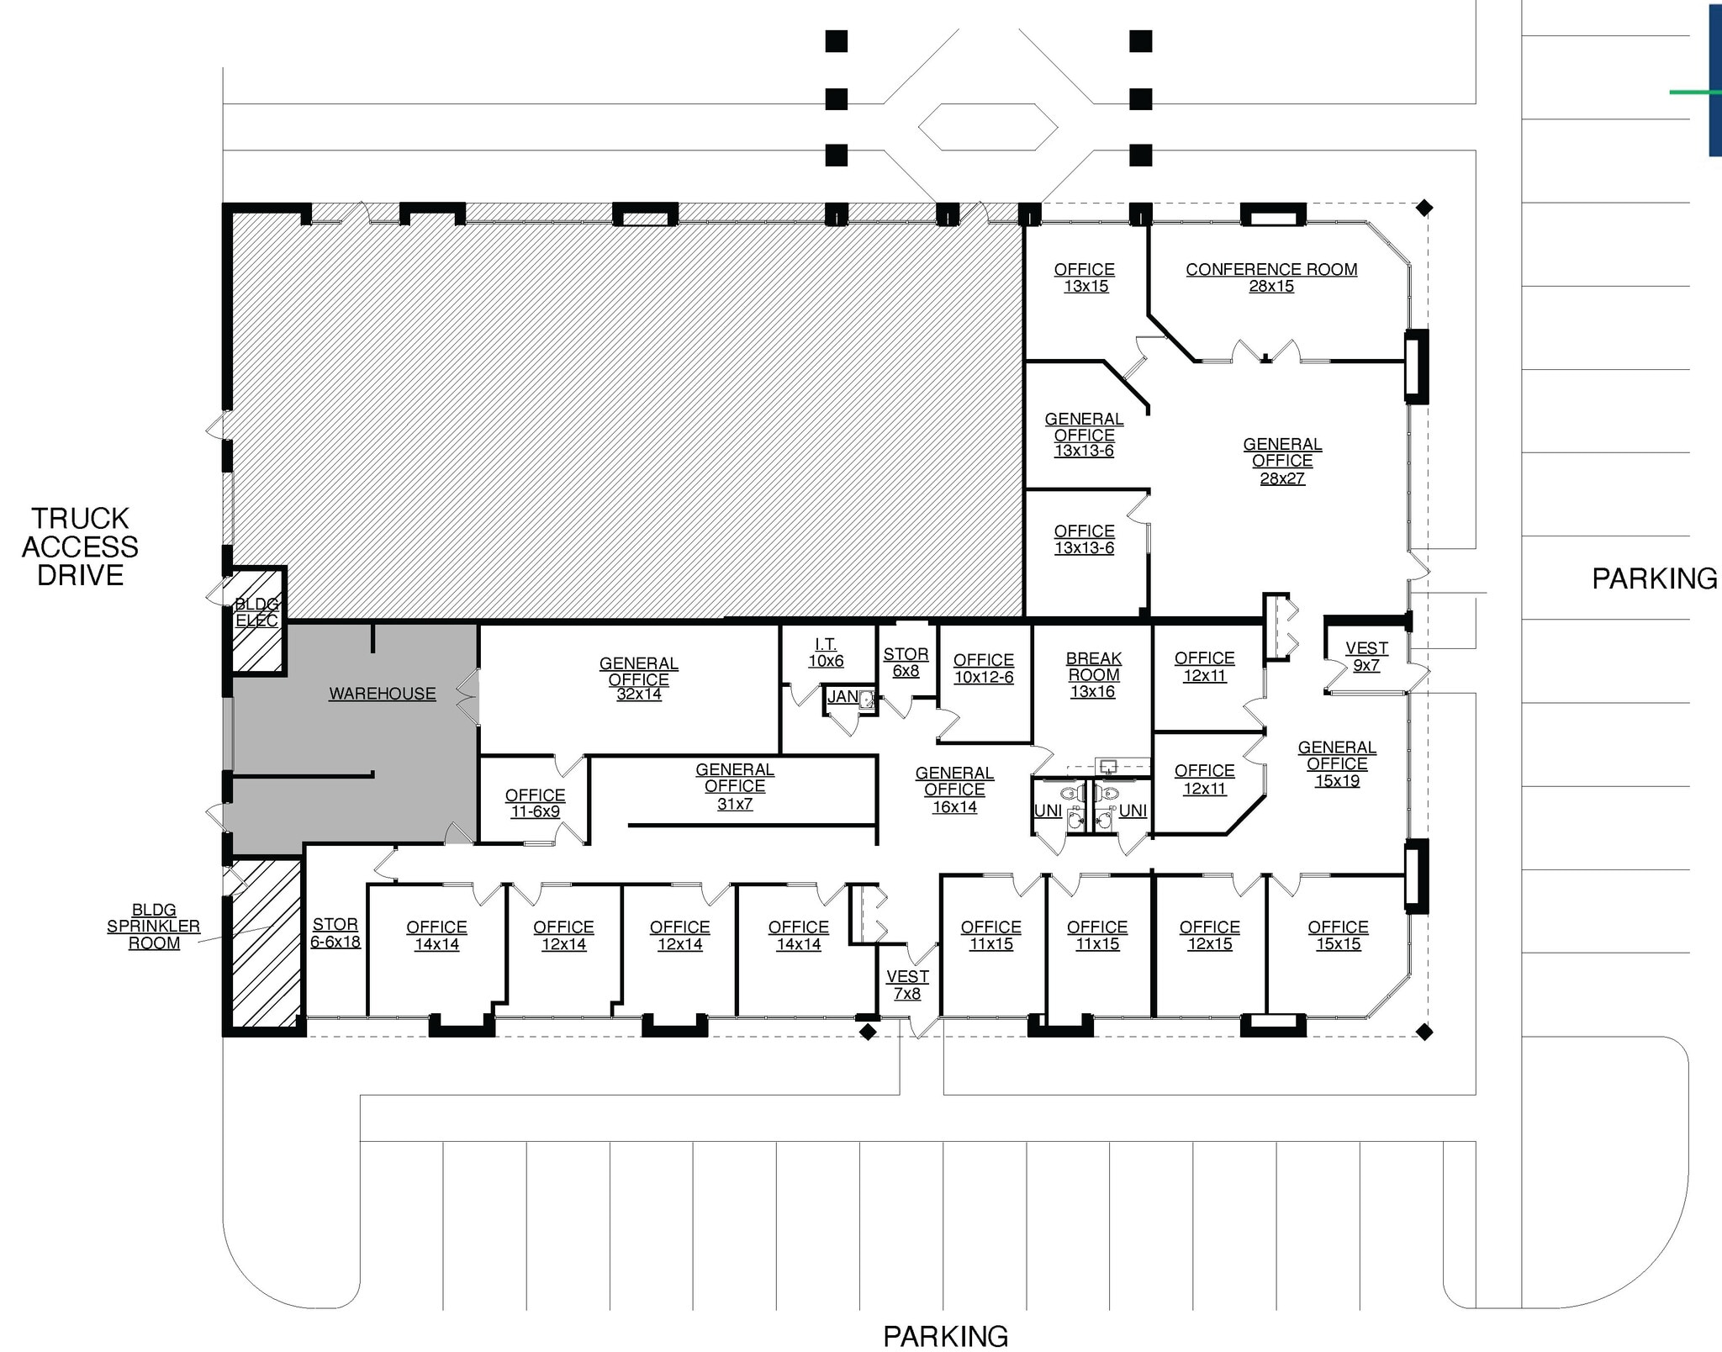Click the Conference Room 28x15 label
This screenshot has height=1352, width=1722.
[x=1270, y=277]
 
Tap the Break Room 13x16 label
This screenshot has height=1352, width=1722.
[x=1093, y=674]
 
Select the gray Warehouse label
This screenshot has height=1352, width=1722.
[x=383, y=694]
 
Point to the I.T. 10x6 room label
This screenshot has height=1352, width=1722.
[x=826, y=652]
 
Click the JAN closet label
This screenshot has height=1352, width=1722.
[x=843, y=696]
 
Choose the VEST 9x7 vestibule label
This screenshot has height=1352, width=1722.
[x=1366, y=657]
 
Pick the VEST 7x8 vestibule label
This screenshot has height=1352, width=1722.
[x=907, y=985]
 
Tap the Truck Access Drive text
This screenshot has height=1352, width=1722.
[x=80, y=547]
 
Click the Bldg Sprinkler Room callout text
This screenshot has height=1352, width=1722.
[x=154, y=926]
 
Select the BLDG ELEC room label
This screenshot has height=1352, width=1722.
[x=256, y=612]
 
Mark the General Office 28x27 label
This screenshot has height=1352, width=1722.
[x=1282, y=461]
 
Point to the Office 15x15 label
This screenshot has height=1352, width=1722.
[x=1338, y=935]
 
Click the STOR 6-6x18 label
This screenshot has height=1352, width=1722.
[x=335, y=932]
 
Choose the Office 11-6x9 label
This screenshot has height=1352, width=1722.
[x=536, y=803]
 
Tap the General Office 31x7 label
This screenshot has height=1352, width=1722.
[x=735, y=786]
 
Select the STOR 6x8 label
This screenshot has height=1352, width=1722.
[x=906, y=662]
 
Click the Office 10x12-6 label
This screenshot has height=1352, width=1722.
[x=984, y=668]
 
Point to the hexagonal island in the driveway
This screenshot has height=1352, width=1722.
[x=988, y=127]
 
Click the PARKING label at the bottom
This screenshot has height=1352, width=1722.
[x=945, y=1335]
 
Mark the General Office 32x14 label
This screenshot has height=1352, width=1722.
[x=639, y=679]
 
